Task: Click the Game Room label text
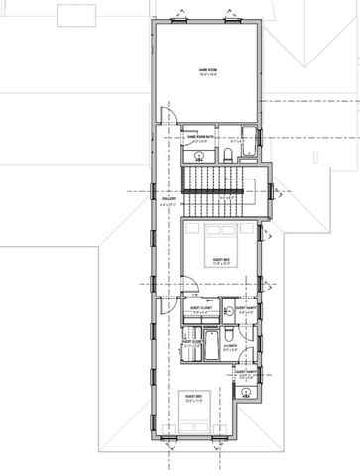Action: (x=208, y=70)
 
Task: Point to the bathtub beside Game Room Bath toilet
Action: (x=238, y=153)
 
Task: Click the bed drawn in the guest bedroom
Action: (x=219, y=239)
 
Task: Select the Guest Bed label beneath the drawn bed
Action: (x=219, y=262)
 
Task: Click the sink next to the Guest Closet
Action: (x=227, y=308)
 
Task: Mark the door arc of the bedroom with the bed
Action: (x=190, y=286)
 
